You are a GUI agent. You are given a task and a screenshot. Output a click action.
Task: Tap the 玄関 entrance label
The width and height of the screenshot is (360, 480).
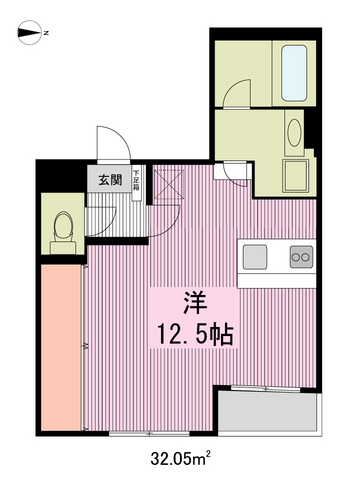pos(110,181)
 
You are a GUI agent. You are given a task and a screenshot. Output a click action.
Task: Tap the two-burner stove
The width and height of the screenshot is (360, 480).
pos(300,257)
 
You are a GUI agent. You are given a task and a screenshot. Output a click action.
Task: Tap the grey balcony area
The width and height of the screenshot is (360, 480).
pos(268,412)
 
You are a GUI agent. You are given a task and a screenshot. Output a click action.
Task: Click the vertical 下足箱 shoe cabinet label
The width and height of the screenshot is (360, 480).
pos(137,182)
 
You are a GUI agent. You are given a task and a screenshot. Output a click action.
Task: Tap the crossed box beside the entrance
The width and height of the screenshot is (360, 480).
pos(166,186)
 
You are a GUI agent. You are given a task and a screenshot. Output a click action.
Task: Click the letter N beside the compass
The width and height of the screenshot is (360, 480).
pos(47,33)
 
